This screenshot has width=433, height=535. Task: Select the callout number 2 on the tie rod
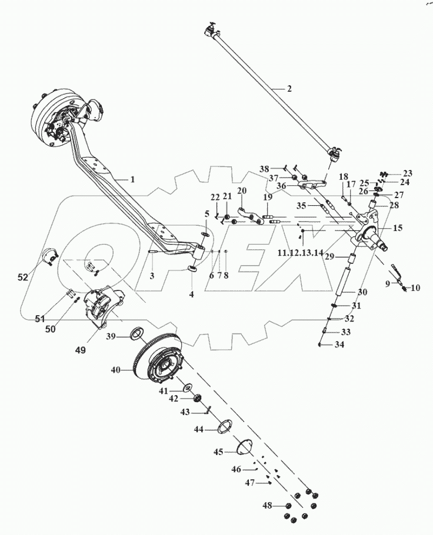coord(289,89)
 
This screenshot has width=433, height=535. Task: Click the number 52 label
coord(22,277)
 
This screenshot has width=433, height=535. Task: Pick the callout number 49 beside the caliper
coord(80,349)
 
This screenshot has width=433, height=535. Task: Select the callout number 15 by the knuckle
coord(397,228)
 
